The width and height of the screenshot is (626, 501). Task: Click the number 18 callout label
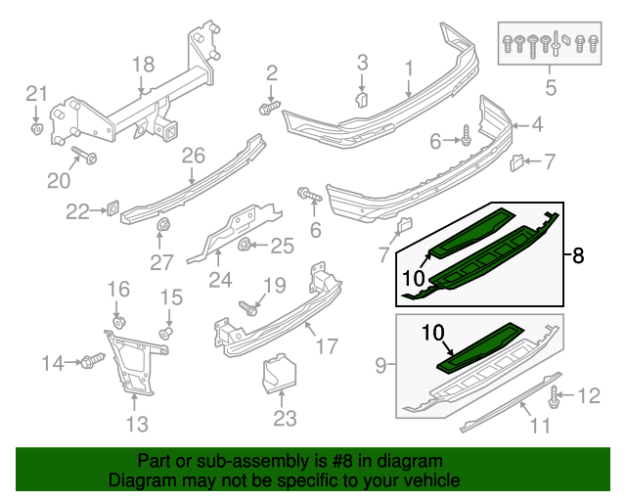click(x=144, y=65)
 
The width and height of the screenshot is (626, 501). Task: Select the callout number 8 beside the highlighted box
click(x=578, y=256)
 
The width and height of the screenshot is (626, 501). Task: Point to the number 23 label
click(x=283, y=418)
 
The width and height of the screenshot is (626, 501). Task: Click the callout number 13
click(x=137, y=424)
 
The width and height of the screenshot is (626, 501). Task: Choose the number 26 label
click(x=193, y=155)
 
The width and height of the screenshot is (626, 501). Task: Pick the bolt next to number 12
click(x=555, y=396)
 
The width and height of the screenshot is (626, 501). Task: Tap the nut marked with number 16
click(x=118, y=322)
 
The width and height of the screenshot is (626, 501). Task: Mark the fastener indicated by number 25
click(x=245, y=245)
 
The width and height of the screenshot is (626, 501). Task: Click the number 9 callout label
click(x=380, y=367)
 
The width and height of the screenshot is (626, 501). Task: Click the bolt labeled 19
click(x=248, y=308)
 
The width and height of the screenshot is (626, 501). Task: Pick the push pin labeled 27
click(x=159, y=230)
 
